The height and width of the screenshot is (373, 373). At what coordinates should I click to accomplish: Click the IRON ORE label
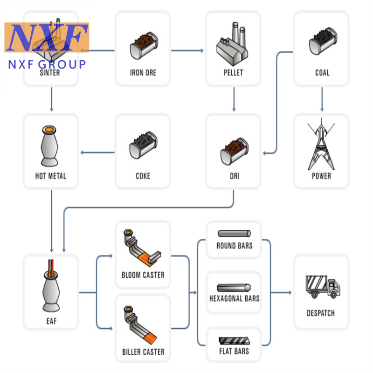click(x=143, y=73)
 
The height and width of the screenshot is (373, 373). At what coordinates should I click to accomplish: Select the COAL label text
click(x=322, y=73)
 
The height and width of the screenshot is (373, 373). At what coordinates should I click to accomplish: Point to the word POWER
click(x=322, y=176)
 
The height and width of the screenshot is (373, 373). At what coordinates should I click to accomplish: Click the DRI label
click(x=235, y=176)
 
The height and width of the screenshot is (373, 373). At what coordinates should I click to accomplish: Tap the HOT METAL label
click(x=51, y=176)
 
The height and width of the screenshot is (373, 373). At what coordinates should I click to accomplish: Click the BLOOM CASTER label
click(x=143, y=275)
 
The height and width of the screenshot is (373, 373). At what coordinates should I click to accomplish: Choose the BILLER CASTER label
click(x=143, y=352)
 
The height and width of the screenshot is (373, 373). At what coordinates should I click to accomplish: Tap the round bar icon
click(x=234, y=234)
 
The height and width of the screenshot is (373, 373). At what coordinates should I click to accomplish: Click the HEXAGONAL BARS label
click(x=235, y=298)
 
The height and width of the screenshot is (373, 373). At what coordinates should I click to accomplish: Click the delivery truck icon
click(x=322, y=286)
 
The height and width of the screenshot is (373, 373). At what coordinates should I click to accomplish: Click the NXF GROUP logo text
click(x=47, y=64)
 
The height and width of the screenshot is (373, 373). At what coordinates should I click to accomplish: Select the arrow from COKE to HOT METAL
click(x=98, y=152)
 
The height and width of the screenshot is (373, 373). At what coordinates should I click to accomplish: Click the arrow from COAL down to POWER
click(x=322, y=100)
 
